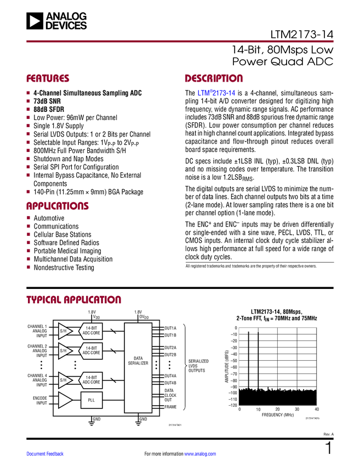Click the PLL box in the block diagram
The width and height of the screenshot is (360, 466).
tap(92, 400)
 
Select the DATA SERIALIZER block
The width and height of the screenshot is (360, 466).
tap(138, 367)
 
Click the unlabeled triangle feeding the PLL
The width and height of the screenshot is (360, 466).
tap(65, 400)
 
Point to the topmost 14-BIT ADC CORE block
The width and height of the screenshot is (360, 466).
tap(92, 331)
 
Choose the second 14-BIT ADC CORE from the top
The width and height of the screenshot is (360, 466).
tap(92, 350)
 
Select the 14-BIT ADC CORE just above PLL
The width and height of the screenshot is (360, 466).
tap(92, 380)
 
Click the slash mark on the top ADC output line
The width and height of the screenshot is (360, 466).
tap(113, 331)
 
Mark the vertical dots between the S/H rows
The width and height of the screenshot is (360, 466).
tap(75, 365)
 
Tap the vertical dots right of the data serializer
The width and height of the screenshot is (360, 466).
tap(156, 365)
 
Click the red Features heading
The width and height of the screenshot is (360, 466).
tap(48, 78)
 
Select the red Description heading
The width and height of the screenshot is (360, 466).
tap(214, 78)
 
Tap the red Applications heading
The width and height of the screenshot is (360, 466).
tap(57, 206)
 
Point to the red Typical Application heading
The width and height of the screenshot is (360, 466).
tap(73, 300)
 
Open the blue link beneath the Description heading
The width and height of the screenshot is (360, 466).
tap(216, 93)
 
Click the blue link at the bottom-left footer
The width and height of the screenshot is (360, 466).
tap(45, 453)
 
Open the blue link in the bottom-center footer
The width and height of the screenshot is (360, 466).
tap(200, 453)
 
